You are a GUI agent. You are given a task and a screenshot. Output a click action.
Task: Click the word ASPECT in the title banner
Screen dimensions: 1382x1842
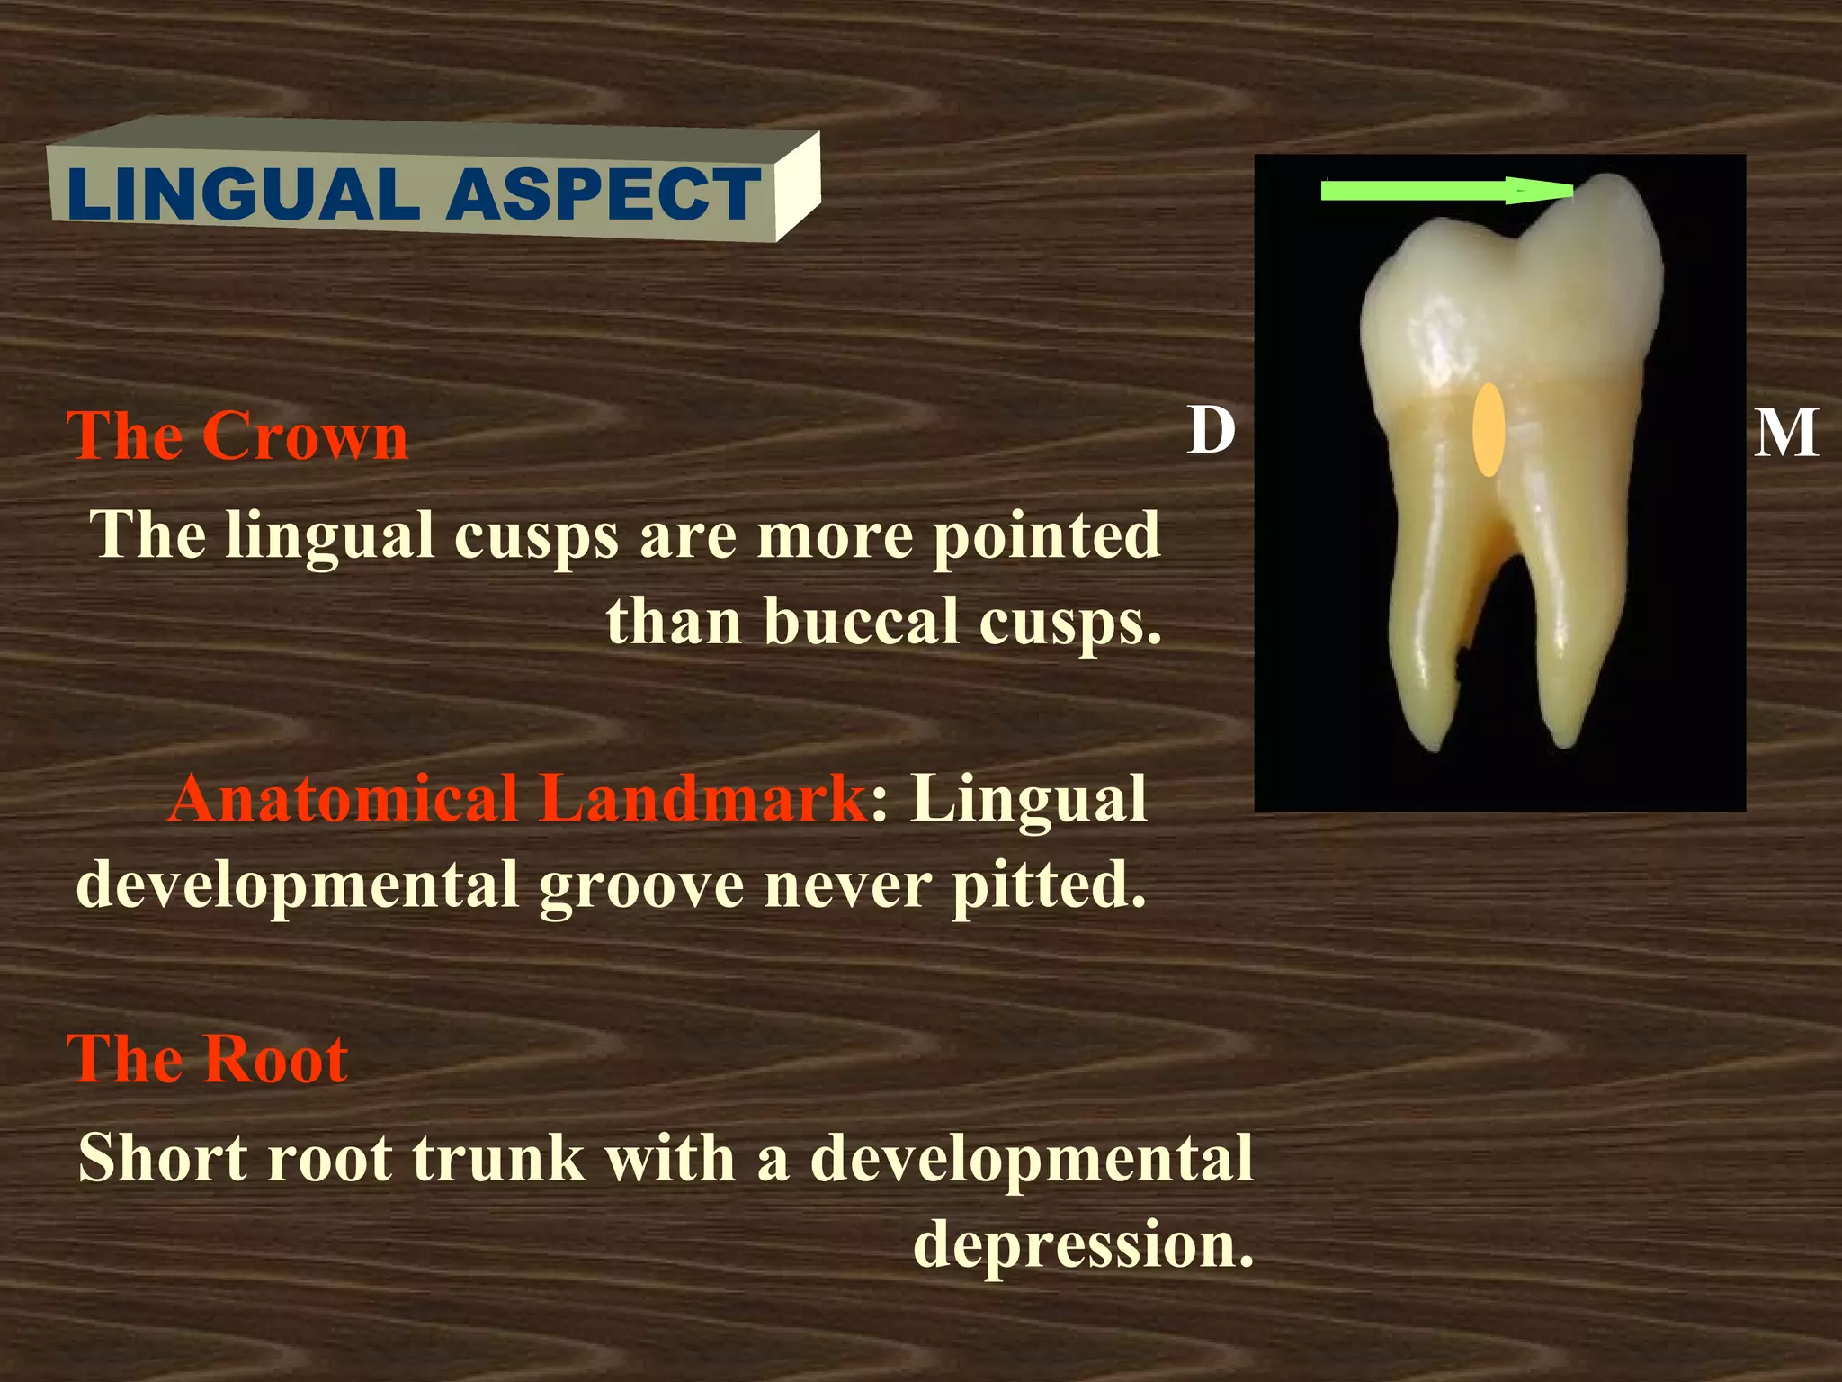click(604, 195)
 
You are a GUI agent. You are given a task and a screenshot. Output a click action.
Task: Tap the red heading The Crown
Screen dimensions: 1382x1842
click(237, 436)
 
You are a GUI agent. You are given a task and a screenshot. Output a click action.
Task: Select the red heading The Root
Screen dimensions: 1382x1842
click(208, 1059)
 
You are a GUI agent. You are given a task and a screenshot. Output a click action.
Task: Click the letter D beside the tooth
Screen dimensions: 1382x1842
click(1212, 431)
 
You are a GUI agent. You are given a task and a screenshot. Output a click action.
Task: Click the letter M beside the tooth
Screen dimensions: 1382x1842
click(1785, 434)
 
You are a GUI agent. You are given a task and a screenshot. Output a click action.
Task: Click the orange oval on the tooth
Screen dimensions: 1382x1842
click(1489, 430)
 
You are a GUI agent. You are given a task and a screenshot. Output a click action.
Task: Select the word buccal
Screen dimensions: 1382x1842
click(862, 622)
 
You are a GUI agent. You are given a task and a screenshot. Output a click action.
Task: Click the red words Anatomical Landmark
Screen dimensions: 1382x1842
click(517, 799)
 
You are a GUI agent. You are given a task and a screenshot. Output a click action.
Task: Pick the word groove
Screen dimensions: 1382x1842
click(642, 887)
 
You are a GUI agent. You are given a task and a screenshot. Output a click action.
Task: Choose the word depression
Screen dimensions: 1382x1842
click(1083, 1245)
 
